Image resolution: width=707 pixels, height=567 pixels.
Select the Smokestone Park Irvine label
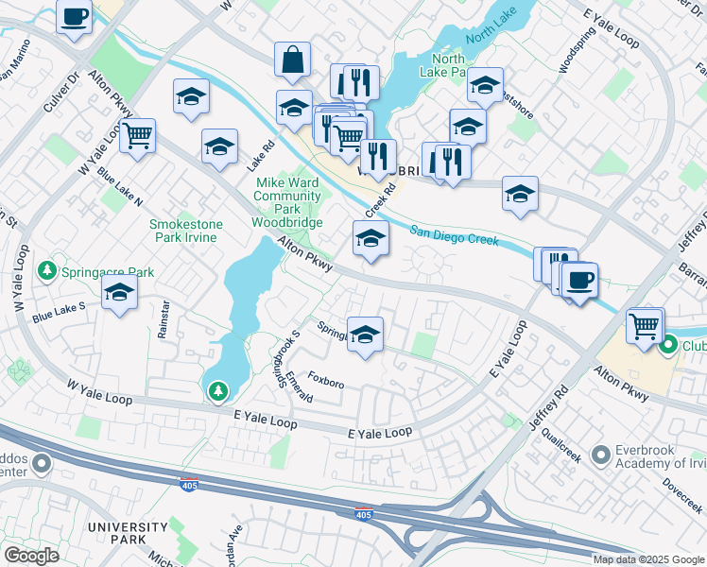185,231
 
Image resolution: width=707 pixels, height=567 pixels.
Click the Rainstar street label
164,319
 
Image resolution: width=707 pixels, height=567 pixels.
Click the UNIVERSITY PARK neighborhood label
128,533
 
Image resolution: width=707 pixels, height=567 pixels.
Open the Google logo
31,556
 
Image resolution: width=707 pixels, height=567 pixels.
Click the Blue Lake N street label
119,190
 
